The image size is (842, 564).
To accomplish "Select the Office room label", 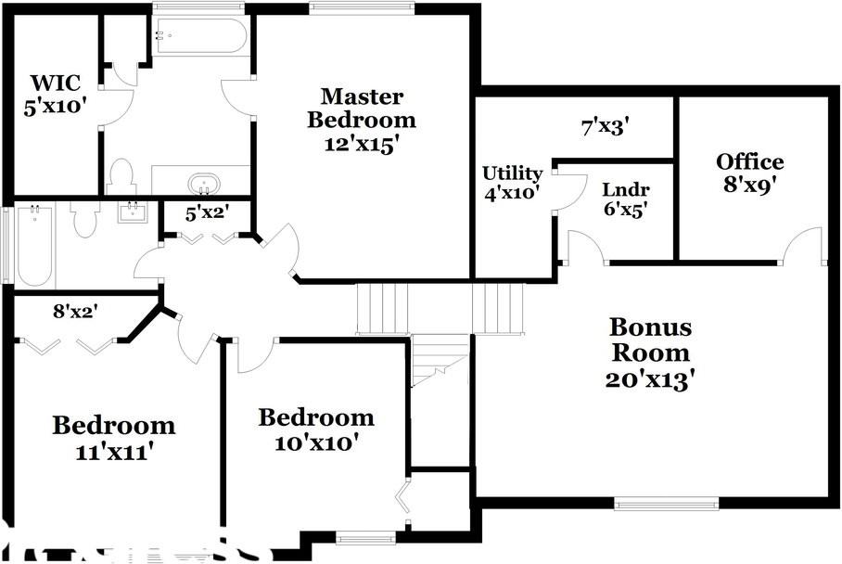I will pyautogui.click(x=749, y=173).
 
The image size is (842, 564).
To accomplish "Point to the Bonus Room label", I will pyautogui.click(x=649, y=352).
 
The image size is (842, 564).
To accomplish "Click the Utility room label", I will pyautogui.click(x=512, y=183).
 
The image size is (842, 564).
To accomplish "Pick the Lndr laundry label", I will pyautogui.click(x=625, y=199).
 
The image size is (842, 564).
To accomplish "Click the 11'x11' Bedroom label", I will pyautogui.click(x=113, y=438).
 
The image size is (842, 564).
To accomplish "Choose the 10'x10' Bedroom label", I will pyautogui.click(x=315, y=429).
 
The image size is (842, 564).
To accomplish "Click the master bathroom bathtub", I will pyautogui.click(x=201, y=38).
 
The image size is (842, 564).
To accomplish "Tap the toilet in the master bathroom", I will pyautogui.click(x=121, y=176).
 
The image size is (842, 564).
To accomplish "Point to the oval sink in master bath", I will pyautogui.click(x=202, y=183).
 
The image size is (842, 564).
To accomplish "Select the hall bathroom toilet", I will pyautogui.click(x=84, y=219).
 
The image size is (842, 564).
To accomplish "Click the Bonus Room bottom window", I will pyautogui.click(x=666, y=504).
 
